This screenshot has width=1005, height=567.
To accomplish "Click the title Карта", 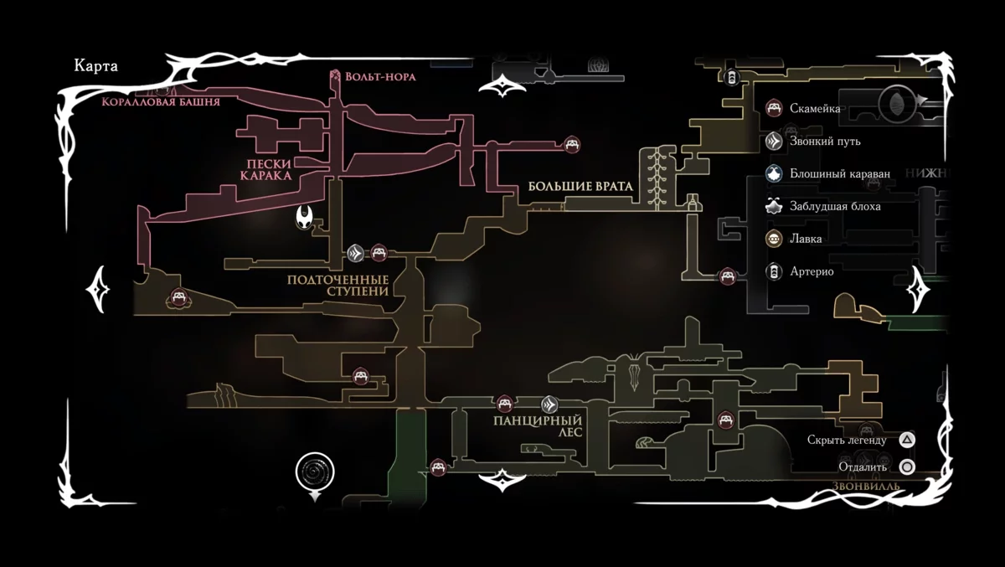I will tap(95, 67).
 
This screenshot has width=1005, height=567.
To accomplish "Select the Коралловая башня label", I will tap(160, 102).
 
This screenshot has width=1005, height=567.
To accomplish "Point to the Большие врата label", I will tap(578, 185).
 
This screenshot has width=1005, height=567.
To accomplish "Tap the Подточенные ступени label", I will tap(338, 285).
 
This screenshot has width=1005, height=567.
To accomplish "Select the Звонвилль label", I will tap(866, 487).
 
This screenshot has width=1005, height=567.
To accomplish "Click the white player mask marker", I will tap(306, 219).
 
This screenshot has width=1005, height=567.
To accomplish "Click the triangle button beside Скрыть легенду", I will tap(907, 440).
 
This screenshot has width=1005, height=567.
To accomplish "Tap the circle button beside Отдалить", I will tap(907, 467).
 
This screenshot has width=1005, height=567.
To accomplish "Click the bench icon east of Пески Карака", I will tap(572, 144).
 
